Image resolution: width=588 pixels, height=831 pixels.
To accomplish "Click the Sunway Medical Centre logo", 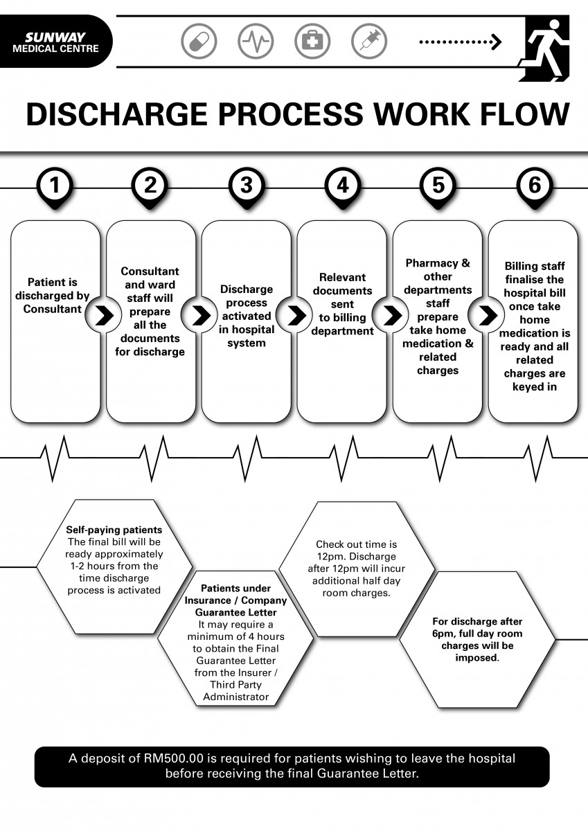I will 55,42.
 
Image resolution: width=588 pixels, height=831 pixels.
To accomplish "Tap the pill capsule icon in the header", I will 199,41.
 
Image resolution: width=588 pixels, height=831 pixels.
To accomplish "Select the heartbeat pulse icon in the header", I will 256,41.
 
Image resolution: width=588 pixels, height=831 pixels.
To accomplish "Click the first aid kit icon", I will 312,41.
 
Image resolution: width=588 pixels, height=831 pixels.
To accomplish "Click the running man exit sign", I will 547,47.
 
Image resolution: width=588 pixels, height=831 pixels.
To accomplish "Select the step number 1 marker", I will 55,186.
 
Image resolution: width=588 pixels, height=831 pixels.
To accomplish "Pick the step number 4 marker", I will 342,186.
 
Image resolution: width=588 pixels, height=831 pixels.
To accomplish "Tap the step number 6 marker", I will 534,186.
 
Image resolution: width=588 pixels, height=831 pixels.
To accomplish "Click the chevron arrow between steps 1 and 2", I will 104,316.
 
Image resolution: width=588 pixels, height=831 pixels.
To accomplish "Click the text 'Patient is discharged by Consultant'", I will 55,296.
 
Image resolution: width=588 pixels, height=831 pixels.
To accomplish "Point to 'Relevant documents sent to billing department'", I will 342,304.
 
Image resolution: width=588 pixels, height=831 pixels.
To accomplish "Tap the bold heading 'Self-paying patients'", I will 114,530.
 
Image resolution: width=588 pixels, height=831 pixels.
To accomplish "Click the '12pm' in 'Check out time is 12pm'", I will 326,557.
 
